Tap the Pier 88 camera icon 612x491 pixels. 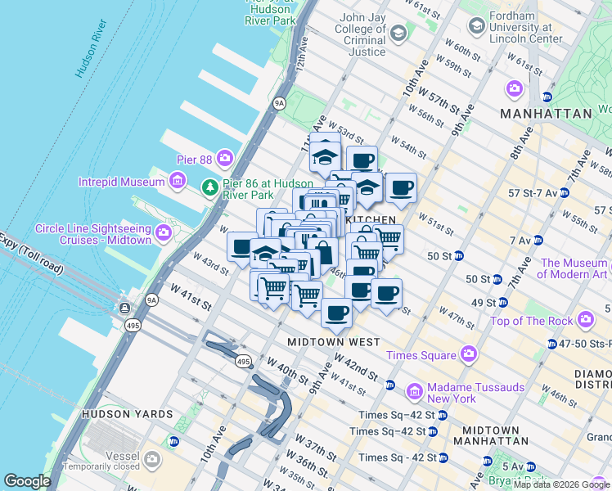pyautogui.click(x=223, y=157)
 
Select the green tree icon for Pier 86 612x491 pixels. pyautogui.click(x=211, y=188)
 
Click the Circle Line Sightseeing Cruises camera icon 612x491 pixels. pyautogui.click(x=164, y=232)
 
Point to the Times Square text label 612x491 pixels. pyautogui.click(x=421, y=354)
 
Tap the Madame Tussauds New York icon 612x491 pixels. pyautogui.click(x=415, y=391)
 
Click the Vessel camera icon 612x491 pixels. pyautogui.click(x=151, y=460)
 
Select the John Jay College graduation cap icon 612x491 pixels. pyautogui.click(x=398, y=34)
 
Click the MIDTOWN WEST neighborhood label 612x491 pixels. pyautogui.click(x=333, y=341)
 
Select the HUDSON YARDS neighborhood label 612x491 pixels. pyautogui.click(x=127, y=414)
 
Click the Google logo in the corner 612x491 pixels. pyautogui.click(x=27, y=481)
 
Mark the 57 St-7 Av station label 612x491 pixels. pyautogui.click(x=533, y=193)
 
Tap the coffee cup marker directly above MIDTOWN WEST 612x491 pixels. pyautogui.click(x=336, y=312)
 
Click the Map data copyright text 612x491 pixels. pyautogui.click(x=561, y=484)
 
